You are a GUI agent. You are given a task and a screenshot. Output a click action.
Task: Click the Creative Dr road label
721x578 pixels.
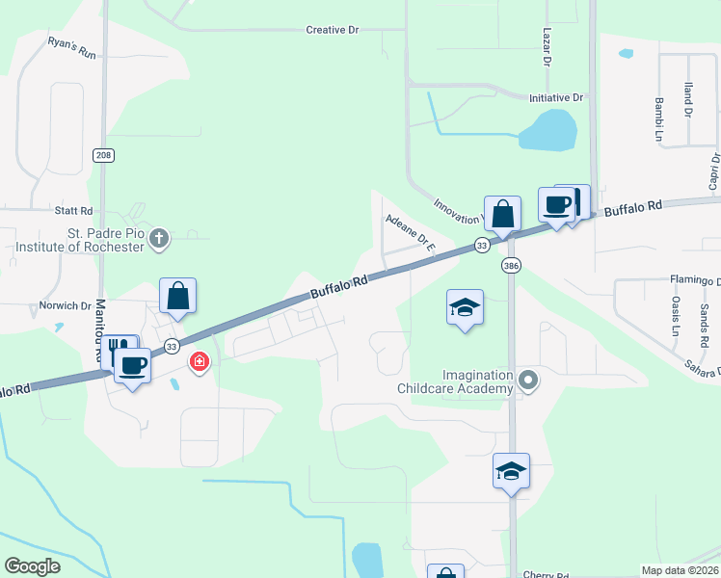[x=333, y=30]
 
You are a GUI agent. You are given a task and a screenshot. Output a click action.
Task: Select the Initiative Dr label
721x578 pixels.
[x=556, y=98]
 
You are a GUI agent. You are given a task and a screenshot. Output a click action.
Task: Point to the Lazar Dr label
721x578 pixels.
[x=546, y=46]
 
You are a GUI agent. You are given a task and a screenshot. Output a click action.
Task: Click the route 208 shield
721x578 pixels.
[x=103, y=155]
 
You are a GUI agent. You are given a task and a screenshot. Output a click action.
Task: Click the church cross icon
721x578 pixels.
[x=160, y=238]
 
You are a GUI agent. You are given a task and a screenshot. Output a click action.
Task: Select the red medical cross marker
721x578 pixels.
[x=199, y=362]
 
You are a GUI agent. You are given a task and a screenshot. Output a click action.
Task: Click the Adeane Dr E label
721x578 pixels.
[x=412, y=234]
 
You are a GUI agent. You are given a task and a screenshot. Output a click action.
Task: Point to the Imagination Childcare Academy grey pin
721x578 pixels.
[x=526, y=380]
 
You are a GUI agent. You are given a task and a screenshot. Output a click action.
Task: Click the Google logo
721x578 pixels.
[x=33, y=566]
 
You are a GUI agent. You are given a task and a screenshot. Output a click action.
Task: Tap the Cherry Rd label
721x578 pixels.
[x=546, y=573]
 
